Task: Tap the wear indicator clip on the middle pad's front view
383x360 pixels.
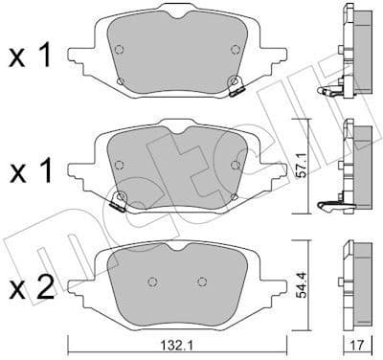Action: click(120, 201)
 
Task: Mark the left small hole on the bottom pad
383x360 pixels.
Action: click(151, 281)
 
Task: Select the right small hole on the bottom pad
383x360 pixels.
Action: click(200, 281)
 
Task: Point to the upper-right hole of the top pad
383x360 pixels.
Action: click(235, 50)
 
